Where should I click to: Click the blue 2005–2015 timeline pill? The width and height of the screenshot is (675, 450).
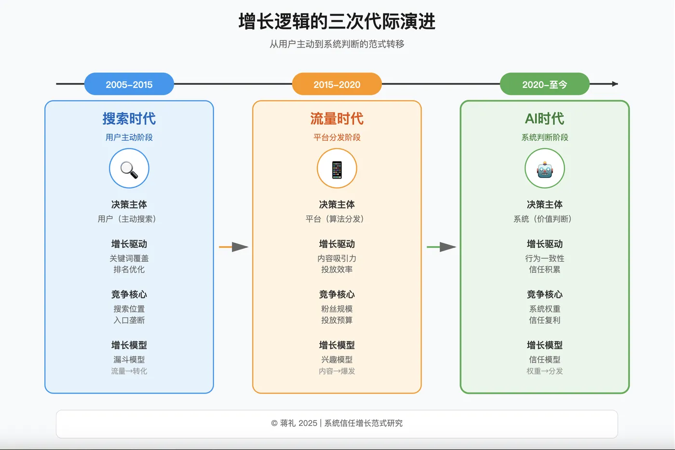coord(129,84)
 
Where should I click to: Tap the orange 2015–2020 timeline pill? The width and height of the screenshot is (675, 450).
coord(337,84)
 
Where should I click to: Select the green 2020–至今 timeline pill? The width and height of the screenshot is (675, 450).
coord(545,84)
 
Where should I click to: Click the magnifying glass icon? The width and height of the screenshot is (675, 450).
coord(129,169)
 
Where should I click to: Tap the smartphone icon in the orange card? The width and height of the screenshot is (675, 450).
coord(337,169)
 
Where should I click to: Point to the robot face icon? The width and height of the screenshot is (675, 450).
coord(545,169)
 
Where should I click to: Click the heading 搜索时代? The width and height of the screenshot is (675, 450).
coord(129,119)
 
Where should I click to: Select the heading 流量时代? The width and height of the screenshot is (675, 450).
coord(337,119)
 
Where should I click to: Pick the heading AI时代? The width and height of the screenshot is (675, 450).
coord(545,119)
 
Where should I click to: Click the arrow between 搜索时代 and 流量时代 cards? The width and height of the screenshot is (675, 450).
coord(234,247)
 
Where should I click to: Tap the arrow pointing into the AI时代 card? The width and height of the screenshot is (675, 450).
coord(442,247)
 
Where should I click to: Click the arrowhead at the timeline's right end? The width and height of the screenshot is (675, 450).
coord(615,84)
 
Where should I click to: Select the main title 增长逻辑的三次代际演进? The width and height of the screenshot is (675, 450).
coord(337,22)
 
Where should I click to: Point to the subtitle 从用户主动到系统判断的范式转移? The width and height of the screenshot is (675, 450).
coord(337,44)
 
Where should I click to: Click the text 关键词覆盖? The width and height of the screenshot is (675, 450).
coord(129,259)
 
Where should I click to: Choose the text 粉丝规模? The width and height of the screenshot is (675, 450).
coord(337,309)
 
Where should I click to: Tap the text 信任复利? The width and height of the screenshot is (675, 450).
coord(545,320)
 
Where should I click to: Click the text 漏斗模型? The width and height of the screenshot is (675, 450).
coord(129,360)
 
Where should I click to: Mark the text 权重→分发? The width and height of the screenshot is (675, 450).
coord(545,371)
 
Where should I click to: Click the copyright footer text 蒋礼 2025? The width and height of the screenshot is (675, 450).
coord(298,423)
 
